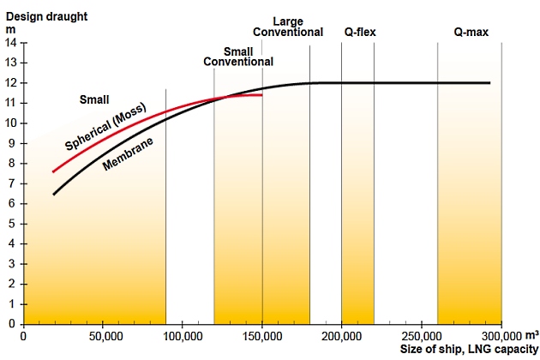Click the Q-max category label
point(471,33)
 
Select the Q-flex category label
point(360,33)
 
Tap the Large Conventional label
point(288,27)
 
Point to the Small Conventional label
point(237,56)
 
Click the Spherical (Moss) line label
point(105,127)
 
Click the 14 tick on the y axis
point(11,42)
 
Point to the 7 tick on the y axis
point(12,183)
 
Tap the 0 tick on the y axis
point(12,324)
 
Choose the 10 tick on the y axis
point(11,123)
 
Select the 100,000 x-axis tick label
point(183,336)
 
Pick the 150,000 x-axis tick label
point(262,336)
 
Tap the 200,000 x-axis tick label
point(342,336)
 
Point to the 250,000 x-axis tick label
point(422,336)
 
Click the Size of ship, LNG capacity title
point(463,350)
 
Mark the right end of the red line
point(261,95)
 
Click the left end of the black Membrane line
point(53,195)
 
